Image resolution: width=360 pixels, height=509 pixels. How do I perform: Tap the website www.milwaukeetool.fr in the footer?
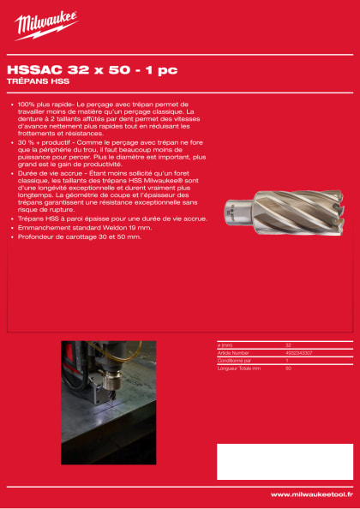click(x=311, y=494)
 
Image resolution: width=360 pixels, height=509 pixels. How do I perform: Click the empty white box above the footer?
click(x=284, y=461)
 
